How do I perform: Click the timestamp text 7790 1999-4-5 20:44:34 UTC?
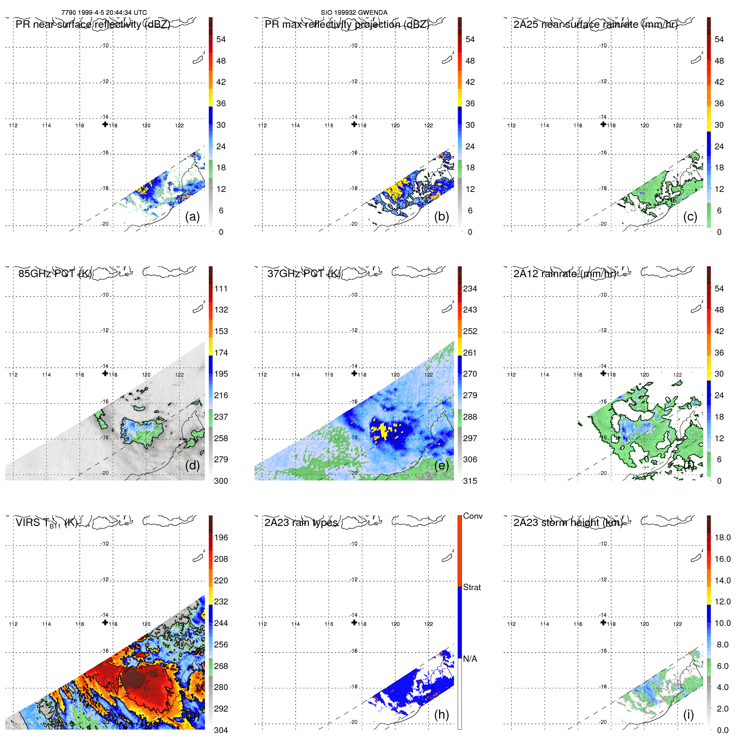click(x=104, y=13)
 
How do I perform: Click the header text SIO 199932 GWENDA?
click(x=354, y=13)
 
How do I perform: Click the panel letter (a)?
click(x=192, y=216)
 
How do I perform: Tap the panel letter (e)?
click(x=441, y=465)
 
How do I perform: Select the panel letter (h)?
click(x=441, y=714)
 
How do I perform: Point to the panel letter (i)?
click(x=688, y=714)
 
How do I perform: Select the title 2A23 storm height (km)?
click(x=568, y=523)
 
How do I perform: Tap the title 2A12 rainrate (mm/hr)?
click(x=564, y=274)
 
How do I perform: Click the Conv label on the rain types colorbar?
click(x=473, y=516)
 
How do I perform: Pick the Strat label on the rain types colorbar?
click(x=472, y=587)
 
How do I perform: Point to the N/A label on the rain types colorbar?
click(x=470, y=659)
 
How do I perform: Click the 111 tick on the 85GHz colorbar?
click(x=221, y=289)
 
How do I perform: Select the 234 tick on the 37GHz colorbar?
click(x=470, y=289)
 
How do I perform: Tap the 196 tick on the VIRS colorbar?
click(x=221, y=537)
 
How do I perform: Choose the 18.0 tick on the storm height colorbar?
click(x=723, y=537)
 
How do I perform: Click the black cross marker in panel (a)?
click(x=105, y=124)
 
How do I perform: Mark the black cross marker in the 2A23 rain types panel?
click(x=354, y=622)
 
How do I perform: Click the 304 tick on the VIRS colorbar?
click(x=221, y=730)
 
